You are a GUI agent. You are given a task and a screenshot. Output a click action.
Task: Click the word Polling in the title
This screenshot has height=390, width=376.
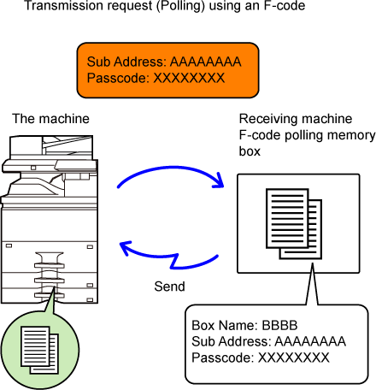coord(180,5)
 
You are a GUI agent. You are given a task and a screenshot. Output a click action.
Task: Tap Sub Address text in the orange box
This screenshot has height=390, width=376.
coord(164,62)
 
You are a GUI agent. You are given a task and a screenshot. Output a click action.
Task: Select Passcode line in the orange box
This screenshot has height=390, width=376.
coord(156,78)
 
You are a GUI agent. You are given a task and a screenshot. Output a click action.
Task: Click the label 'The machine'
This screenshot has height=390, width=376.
coord(50,119)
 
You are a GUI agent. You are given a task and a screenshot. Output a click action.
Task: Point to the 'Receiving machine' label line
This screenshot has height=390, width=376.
coord(296,119)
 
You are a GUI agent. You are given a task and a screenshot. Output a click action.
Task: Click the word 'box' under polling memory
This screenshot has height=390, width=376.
coord(250,151)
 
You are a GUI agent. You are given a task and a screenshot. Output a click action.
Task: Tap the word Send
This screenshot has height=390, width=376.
coord(169,287)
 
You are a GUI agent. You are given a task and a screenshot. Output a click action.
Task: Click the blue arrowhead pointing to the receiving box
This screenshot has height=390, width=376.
coord(219,181)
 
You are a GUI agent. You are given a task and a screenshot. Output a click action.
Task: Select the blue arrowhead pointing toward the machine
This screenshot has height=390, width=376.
coord(126,247)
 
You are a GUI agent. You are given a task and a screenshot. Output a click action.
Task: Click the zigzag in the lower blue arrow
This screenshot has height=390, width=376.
coord(173,261)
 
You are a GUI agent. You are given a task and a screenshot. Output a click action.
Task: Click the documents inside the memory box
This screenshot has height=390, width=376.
coord(294,224)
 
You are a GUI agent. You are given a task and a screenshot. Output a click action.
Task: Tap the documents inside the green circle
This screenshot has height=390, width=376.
coord(39,350)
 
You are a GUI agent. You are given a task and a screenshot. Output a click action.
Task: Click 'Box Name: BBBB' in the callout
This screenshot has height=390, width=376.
coord(244,325)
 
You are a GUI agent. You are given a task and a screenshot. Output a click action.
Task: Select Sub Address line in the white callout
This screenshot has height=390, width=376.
coord(268,341)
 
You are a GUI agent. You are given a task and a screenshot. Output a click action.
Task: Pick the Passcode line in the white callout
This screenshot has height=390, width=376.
coord(261,357)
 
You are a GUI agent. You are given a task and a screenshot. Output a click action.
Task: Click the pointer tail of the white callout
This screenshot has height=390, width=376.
coord(312,284)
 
